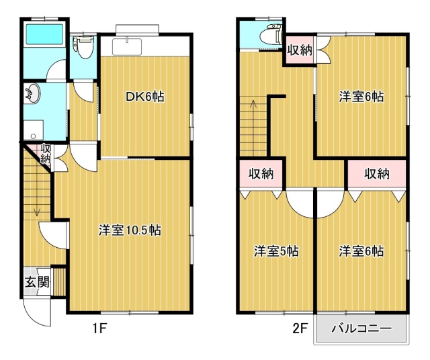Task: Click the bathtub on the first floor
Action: coord(44,34)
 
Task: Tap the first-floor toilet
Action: coord(83,47)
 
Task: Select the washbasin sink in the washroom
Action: coord(32,93)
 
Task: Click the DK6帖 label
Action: coord(145,97)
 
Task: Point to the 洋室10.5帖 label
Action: coord(130,230)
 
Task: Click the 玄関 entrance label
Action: coord(38,282)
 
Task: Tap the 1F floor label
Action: coord(99,328)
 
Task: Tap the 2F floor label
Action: coord(300,328)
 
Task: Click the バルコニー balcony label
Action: coord(361,328)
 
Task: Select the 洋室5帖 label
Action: coord(276,251)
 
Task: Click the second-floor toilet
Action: coord(271,35)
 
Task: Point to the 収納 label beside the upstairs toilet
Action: coord(300,50)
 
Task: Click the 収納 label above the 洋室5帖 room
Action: coord(261,173)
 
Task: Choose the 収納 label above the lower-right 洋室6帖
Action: coord(377,173)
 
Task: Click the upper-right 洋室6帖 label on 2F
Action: coord(361,97)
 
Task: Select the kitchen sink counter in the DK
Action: coord(127,46)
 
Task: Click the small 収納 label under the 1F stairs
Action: coord(46,154)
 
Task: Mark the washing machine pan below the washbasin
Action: coord(34,130)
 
